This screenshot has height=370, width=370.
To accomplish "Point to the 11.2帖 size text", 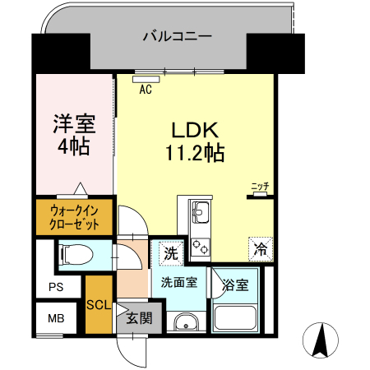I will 194,152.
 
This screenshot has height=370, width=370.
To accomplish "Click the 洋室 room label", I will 74,126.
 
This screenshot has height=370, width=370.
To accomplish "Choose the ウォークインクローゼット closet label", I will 75,215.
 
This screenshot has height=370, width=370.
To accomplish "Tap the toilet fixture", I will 75,254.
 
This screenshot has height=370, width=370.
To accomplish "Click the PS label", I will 55,288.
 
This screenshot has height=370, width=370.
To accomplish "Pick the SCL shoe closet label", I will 99,304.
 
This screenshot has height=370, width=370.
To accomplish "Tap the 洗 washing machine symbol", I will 169,253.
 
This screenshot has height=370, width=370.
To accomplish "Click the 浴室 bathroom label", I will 235,285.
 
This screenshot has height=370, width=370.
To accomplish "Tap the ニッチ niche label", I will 260,187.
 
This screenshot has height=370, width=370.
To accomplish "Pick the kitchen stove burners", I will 201,245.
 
